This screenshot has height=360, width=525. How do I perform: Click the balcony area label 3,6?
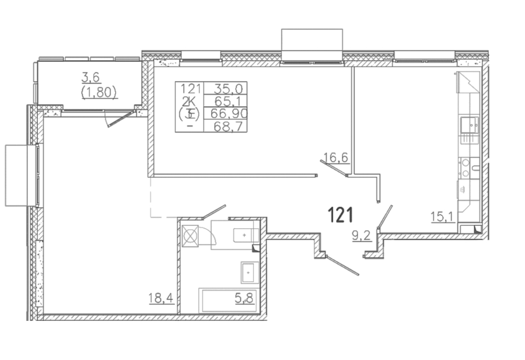[91, 78]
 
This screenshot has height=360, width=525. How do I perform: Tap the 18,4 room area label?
[162, 298]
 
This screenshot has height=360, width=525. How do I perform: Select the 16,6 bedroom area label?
[336, 157]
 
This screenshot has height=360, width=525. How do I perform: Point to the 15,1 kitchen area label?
[442, 216]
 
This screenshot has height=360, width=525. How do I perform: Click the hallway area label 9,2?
[362, 235]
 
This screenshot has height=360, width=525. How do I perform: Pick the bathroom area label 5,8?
[245, 298]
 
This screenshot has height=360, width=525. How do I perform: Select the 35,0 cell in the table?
[225, 89]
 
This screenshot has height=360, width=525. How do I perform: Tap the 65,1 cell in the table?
[225, 101]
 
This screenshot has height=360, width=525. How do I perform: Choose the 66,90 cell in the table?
[225, 114]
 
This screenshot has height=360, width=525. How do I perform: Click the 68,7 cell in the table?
[225, 126]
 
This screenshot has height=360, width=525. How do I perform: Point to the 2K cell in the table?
[190, 101]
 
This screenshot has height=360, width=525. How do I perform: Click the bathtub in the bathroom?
[228, 300]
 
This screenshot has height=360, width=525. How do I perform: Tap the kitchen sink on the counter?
[470, 126]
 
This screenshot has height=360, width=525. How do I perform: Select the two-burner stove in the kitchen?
[465, 168]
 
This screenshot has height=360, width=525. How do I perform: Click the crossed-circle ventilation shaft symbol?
[190, 236]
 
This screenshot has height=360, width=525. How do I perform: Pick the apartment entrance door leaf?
[343, 266]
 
